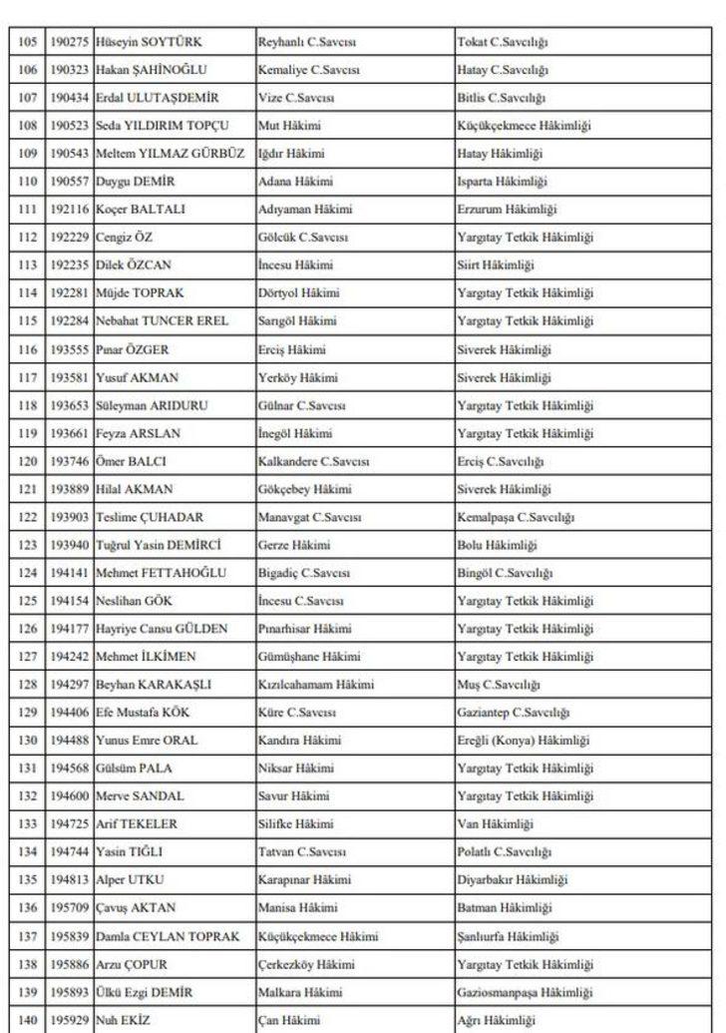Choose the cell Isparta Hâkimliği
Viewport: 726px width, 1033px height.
pos(502,182)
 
